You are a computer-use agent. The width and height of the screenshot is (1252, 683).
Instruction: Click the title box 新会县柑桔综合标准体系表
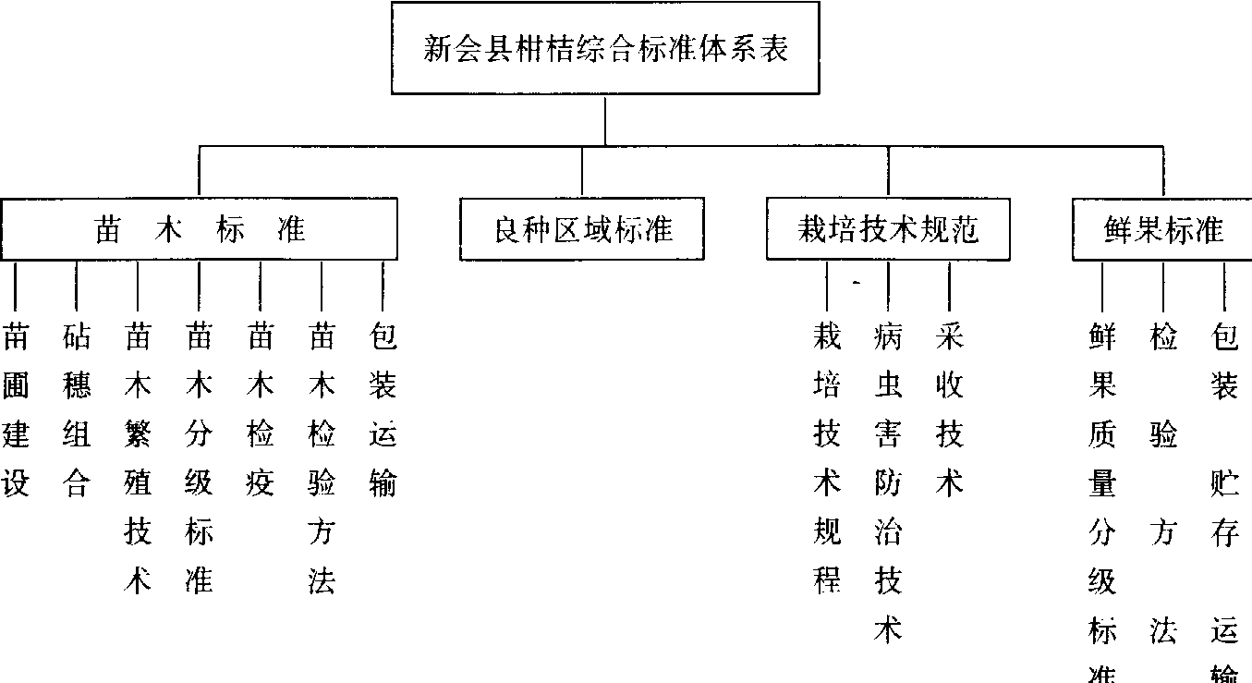605,48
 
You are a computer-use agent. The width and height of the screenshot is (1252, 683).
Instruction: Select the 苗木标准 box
200,229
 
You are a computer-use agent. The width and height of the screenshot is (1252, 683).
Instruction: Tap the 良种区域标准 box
582,229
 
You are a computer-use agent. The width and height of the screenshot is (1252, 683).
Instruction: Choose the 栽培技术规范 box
888,229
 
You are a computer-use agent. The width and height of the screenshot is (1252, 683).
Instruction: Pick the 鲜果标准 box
1163,229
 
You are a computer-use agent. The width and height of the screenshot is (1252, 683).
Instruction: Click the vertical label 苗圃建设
16,409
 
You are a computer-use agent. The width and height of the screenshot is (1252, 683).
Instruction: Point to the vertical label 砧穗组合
77,409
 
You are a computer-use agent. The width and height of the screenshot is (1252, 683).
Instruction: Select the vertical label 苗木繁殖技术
138,459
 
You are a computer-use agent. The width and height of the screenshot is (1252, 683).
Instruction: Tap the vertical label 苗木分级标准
199,459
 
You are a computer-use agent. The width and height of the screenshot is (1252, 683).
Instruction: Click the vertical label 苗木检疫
261,409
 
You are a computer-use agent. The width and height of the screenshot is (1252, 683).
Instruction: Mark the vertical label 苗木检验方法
322,459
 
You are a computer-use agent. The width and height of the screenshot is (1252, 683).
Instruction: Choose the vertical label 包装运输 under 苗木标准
383,409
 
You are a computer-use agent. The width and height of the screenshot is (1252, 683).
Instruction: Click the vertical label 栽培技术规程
827,459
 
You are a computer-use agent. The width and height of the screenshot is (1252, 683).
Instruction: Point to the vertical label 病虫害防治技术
888,484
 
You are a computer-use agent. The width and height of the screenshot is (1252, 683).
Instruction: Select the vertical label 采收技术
949,409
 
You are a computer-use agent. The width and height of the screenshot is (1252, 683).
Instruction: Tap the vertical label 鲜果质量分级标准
1102,509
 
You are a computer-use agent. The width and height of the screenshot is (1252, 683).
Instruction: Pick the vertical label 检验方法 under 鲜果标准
1163,484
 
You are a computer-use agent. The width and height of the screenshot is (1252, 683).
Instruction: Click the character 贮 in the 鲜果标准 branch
1224,482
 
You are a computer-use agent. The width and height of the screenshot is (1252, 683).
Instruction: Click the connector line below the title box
605,120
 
